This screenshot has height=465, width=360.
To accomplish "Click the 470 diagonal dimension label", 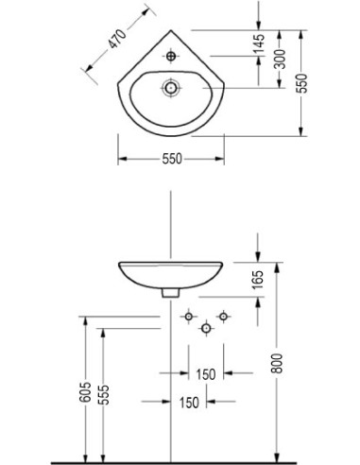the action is pyautogui.click(x=117, y=38).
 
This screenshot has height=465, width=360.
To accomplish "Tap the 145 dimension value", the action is pyautogui.click(x=260, y=44).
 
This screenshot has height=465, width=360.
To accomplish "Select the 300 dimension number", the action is pyautogui.click(x=280, y=59).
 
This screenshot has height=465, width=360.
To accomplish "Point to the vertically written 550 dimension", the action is pyautogui.click(x=302, y=83).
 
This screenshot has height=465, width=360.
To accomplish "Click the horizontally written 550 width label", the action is pyautogui.click(x=172, y=159).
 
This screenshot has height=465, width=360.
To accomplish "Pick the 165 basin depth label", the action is pyautogui.click(x=258, y=280).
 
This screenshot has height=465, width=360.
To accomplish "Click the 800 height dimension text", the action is pyautogui.click(x=277, y=363).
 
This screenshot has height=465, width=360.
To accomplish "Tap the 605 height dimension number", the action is pyautogui.click(x=86, y=392).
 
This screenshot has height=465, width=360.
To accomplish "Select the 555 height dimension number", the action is pyautogui.click(x=103, y=394).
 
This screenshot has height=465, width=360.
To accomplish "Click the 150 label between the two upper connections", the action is pyautogui.click(x=206, y=374).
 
